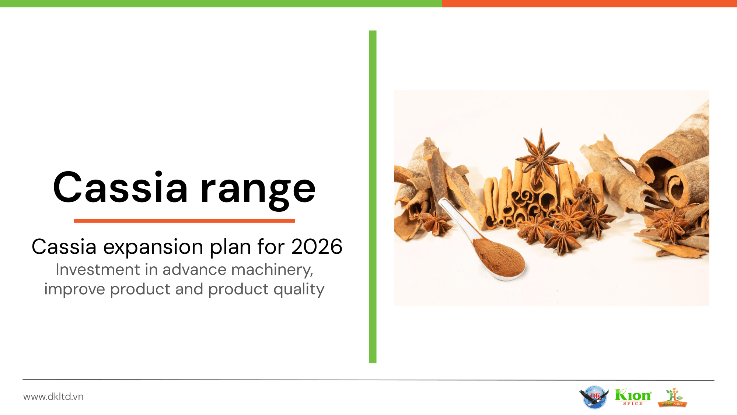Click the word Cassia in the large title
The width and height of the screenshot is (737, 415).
[x=120, y=187]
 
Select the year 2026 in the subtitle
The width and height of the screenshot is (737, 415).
[x=317, y=246]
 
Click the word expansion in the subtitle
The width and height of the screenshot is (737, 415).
[x=153, y=248]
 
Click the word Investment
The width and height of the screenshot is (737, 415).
[x=98, y=270]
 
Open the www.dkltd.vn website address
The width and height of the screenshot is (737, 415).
[x=53, y=397]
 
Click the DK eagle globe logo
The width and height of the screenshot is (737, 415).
[x=594, y=397]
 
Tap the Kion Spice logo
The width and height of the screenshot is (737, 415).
[x=633, y=397]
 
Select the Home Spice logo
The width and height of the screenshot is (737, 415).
[x=673, y=397]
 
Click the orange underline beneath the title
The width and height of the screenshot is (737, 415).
[x=184, y=221]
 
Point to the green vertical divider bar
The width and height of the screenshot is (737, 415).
[x=373, y=197]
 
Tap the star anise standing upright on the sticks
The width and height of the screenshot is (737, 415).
[x=541, y=155]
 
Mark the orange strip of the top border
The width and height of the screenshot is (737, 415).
[x=590, y=4]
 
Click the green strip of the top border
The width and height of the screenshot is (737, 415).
[x=221, y=4]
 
